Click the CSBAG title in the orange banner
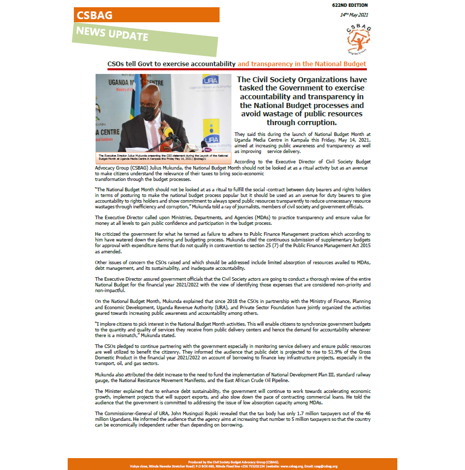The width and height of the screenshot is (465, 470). coord(95,16)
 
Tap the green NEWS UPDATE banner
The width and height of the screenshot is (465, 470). coord(113,35)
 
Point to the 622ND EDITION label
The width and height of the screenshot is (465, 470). coord(351,5)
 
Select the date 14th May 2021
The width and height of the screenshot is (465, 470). coord(353,15)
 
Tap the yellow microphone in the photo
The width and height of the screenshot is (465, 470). coord(169,133)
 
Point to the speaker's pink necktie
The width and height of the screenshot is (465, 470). coord(153,137)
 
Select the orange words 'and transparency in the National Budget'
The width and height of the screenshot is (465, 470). coord(302,64)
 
